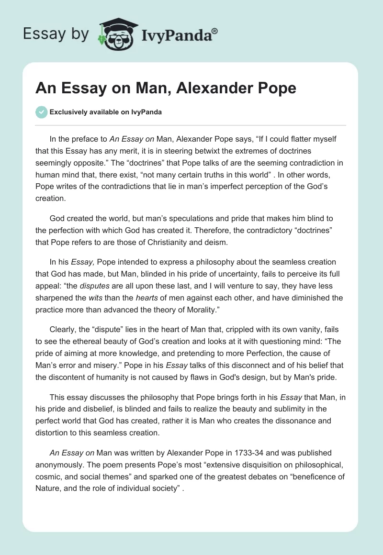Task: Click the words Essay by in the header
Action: [x=56, y=33]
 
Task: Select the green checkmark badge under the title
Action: [x=41, y=112]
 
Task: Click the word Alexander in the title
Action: [x=216, y=89]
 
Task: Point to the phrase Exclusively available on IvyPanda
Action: [x=106, y=112]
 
